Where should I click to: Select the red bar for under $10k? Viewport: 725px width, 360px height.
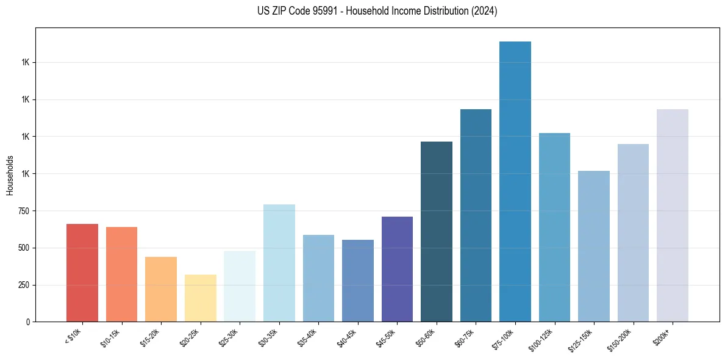click(x=82, y=273)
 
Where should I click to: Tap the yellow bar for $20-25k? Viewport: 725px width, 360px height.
click(x=200, y=298)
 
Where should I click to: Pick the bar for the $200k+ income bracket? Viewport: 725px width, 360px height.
click(x=673, y=215)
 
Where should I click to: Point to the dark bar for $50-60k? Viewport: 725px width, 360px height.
click(x=437, y=231)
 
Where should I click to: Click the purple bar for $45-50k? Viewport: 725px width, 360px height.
click(x=397, y=269)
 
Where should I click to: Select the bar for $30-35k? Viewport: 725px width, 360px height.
click(x=279, y=263)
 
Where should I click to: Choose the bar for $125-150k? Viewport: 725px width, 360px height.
click(x=594, y=246)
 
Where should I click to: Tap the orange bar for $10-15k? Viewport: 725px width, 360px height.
click(x=121, y=274)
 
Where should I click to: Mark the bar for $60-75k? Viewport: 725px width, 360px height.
click(x=476, y=215)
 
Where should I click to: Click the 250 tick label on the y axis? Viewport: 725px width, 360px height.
click(x=23, y=285)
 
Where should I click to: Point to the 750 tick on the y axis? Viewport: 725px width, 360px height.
click(x=23, y=211)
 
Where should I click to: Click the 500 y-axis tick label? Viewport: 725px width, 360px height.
click(x=23, y=248)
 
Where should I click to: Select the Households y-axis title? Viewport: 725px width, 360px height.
click(x=10, y=175)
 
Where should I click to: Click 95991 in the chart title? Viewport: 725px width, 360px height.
click(x=318, y=11)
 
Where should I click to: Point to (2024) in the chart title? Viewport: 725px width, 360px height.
click(x=485, y=11)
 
